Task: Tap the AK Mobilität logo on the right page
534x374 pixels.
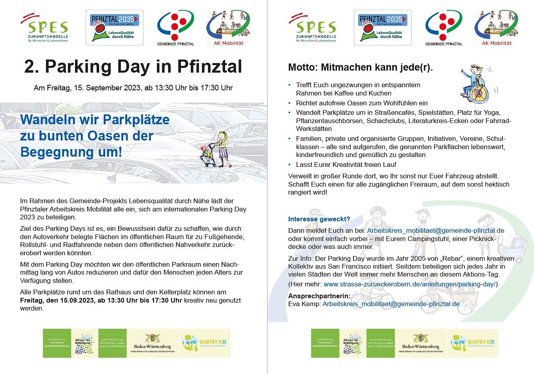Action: pyautogui.click(x=496, y=28)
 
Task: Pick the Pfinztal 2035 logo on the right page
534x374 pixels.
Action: pyautogui.click(x=382, y=28)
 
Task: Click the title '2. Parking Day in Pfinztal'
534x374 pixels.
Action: pyautogui.click(x=133, y=67)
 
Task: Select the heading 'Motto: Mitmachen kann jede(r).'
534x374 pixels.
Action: pyautogui.click(x=360, y=67)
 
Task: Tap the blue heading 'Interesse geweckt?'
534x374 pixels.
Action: pyautogui.click(x=319, y=219)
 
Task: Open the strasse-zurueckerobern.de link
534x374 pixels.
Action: pyautogui.click(x=410, y=284)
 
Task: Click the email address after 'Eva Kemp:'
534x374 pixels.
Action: pyautogui.click(x=391, y=304)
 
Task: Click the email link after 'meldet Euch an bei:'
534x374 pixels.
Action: pyautogui.click(x=436, y=230)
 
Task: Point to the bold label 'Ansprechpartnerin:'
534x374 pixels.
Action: pyautogui.click(x=319, y=296)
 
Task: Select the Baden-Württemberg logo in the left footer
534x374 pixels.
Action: pyautogui.click(x=152, y=343)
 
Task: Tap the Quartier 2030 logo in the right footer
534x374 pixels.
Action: pyautogui.click(x=473, y=343)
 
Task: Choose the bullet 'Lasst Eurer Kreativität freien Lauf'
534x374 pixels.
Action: pyautogui.click(x=346, y=165)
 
